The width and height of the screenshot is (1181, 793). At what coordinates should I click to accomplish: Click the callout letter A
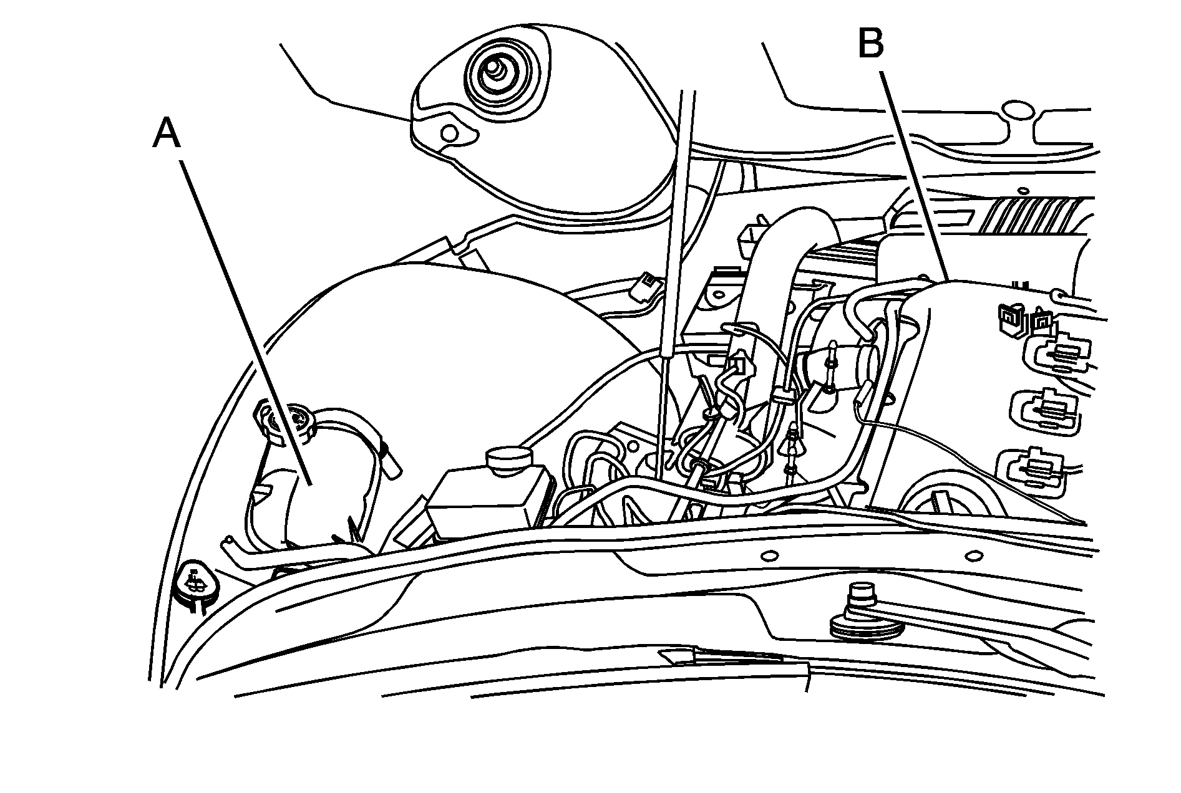click(167, 135)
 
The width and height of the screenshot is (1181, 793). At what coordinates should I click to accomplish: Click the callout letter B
click(871, 44)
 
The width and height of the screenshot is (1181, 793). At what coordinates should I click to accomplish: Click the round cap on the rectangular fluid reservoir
click(507, 460)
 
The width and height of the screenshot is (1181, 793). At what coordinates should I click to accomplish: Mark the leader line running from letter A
click(243, 318)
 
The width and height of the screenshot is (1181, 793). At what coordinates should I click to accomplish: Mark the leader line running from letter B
click(914, 175)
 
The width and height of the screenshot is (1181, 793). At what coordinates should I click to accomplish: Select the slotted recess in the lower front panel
click(717, 658)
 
